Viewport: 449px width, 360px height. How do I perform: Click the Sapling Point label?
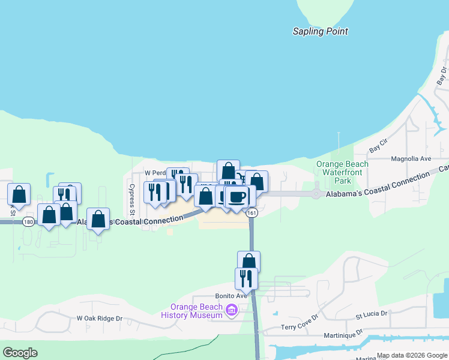tap(320, 31)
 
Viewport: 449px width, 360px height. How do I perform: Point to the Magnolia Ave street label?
tap(411, 159)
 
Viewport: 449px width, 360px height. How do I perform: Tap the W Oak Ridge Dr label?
tap(99, 319)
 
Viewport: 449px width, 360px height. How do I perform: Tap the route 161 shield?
tap(252, 213)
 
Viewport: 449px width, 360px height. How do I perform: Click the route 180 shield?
tap(28, 222)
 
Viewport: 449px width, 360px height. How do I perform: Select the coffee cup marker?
tap(237, 196)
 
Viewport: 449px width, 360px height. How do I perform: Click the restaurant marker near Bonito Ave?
tap(246, 278)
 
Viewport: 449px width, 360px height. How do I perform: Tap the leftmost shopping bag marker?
tap(19, 194)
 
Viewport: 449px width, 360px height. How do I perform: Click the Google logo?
tap(20, 353)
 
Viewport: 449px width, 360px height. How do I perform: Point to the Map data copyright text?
tap(411, 355)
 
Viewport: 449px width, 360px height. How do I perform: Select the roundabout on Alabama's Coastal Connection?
tap(316, 194)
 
